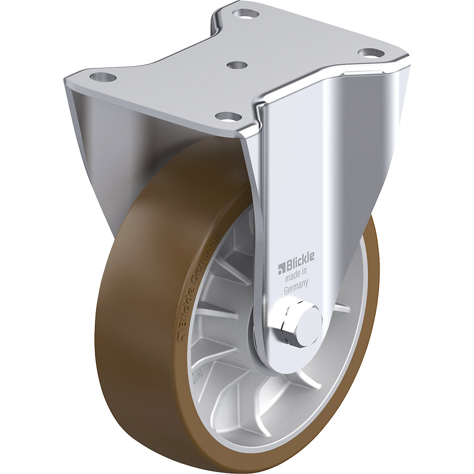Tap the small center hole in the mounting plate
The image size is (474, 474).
[x=236, y=64]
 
